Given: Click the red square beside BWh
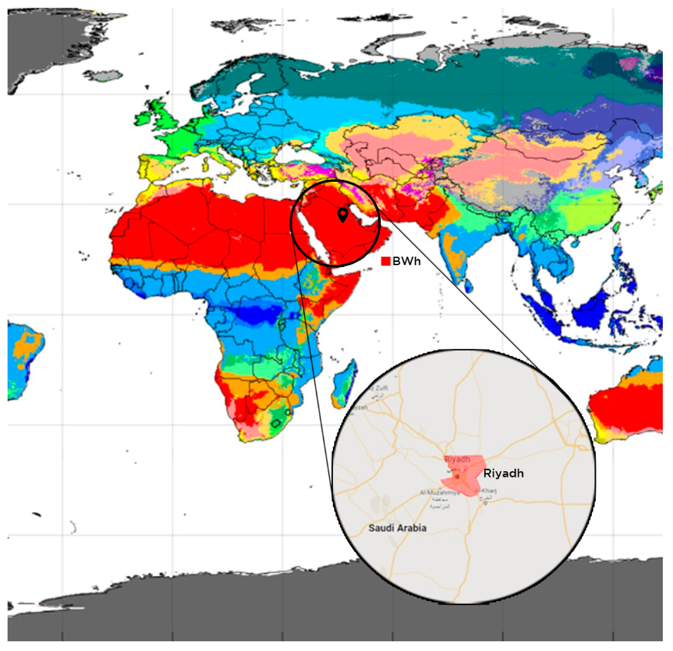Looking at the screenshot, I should point(385,261).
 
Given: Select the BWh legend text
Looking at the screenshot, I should point(407,261).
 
